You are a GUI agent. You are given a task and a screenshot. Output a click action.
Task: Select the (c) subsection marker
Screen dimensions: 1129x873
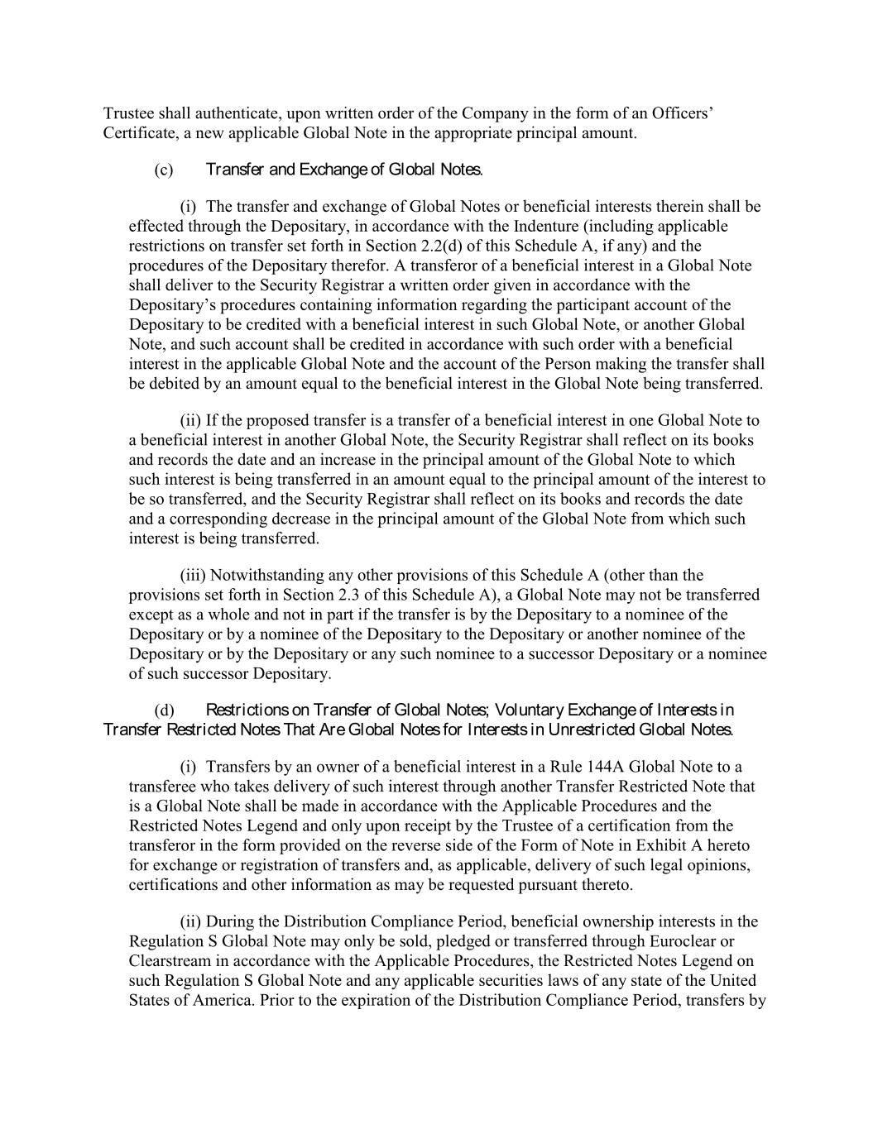(x=164, y=170)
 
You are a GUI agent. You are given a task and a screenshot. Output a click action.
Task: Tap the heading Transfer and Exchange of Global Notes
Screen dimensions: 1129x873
(x=343, y=170)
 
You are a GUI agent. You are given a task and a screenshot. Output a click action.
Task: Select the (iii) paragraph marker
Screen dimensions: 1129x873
(x=194, y=575)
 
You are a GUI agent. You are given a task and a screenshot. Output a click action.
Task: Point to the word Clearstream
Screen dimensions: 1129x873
(x=168, y=961)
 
